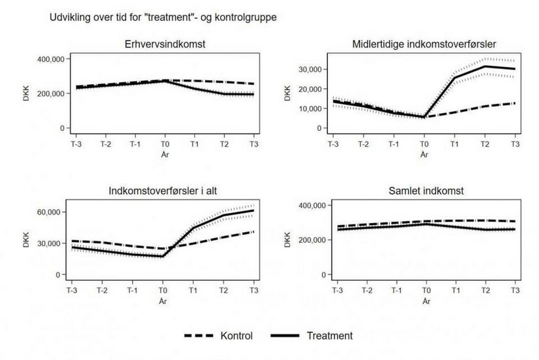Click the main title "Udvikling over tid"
click(x=163, y=17)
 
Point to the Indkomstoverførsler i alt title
click(x=163, y=191)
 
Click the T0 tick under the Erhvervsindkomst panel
click(x=163, y=144)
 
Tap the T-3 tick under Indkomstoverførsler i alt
click(x=71, y=291)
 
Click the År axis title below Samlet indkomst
click(x=426, y=301)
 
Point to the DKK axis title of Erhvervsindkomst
click(x=19, y=93)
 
